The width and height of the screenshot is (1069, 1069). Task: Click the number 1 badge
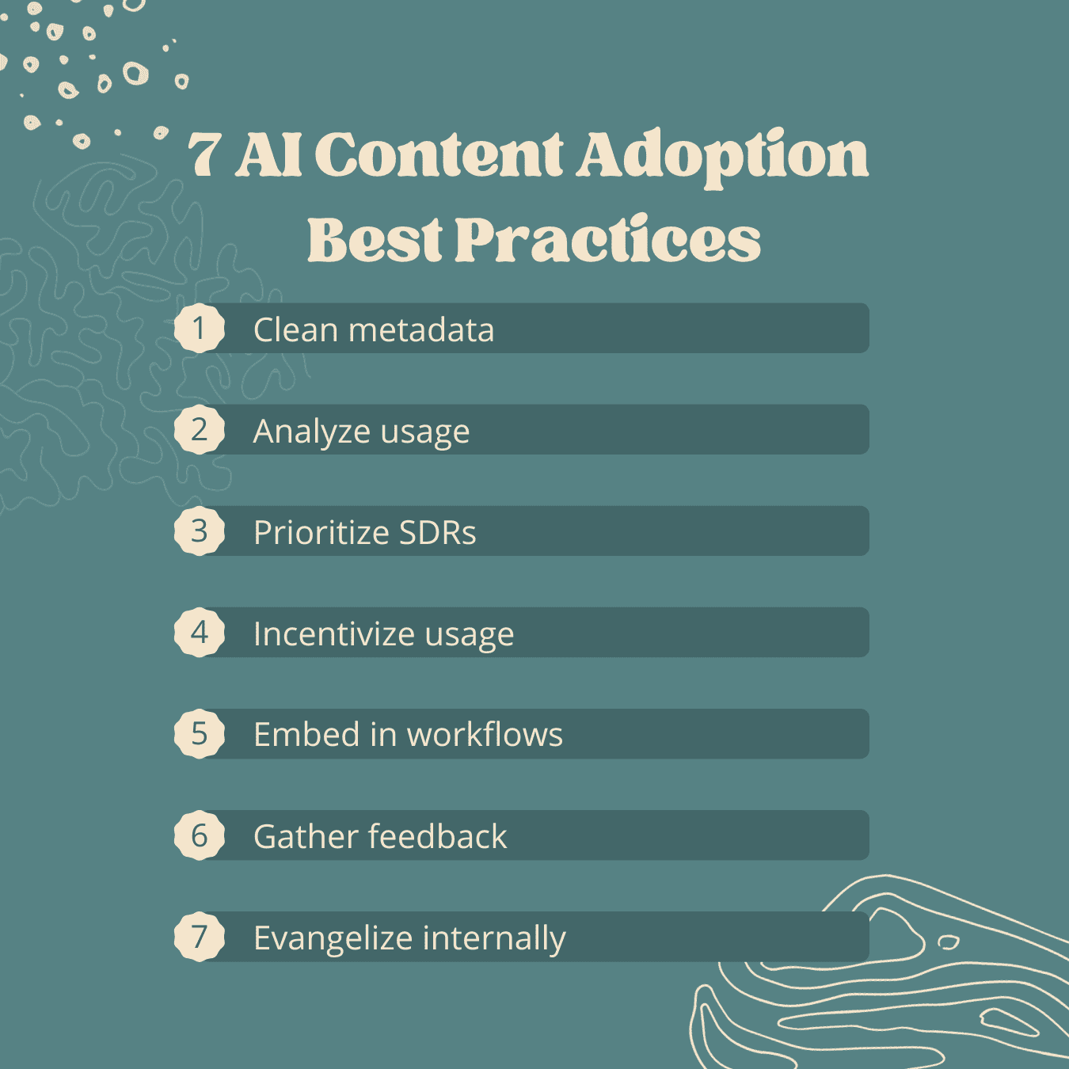(x=200, y=328)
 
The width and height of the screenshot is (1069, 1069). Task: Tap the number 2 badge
(x=200, y=429)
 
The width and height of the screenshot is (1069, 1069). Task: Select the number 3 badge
(x=200, y=531)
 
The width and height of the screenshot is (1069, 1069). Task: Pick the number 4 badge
(x=200, y=633)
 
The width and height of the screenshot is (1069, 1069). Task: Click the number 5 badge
(x=200, y=733)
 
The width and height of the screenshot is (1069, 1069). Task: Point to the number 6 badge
(x=200, y=835)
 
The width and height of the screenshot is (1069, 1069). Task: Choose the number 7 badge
(x=200, y=937)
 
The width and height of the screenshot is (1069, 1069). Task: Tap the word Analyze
(x=312, y=432)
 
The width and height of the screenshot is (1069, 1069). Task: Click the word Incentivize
(x=334, y=633)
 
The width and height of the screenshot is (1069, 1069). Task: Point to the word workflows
(x=485, y=735)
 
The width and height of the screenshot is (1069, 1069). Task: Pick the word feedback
(x=437, y=836)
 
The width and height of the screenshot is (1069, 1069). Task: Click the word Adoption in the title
(x=722, y=158)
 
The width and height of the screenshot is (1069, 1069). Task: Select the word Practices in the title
(x=608, y=240)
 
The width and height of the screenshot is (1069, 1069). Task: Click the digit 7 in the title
(x=205, y=156)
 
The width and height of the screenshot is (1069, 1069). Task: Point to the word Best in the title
(x=375, y=240)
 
